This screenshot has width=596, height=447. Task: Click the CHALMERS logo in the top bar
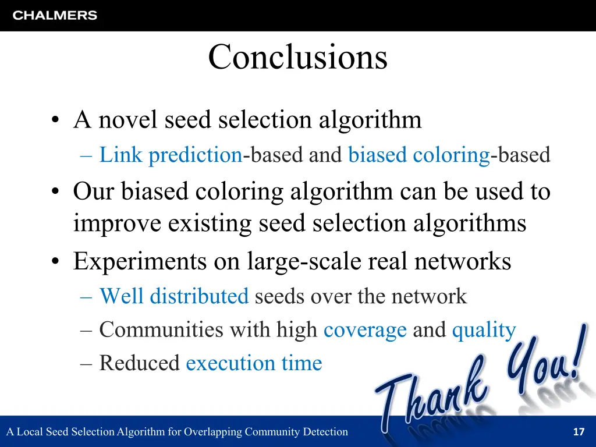tap(55, 16)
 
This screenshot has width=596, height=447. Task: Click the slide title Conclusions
tap(297, 58)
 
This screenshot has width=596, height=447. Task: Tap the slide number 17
tap(578, 432)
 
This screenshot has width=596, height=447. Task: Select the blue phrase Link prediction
tap(171, 155)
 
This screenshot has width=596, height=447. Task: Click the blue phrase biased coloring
tap(418, 155)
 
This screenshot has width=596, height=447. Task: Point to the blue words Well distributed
tap(174, 296)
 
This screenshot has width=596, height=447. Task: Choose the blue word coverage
tap(365, 330)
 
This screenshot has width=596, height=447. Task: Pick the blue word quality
tap(484, 330)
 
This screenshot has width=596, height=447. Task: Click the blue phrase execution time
tap(254, 363)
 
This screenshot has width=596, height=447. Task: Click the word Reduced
tap(140, 363)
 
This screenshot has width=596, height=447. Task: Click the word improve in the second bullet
tap(117, 223)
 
